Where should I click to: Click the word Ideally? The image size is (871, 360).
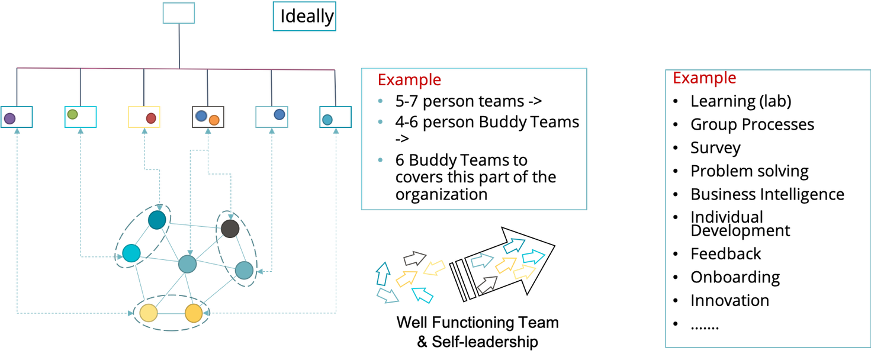pyautogui.click(x=307, y=17)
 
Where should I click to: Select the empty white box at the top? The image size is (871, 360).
pyautogui.click(x=179, y=14)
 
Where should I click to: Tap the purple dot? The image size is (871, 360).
pyautogui.click(x=9, y=118)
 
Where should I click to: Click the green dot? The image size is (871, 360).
pyautogui.click(x=72, y=114)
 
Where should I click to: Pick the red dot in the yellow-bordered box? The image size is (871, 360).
pyautogui.click(x=150, y=118)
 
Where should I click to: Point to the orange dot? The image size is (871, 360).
pyautogui.click(x=214, y=120)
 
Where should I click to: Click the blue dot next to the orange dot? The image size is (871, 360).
pyautogui.click(x=201, y=116)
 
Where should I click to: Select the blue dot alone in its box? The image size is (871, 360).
pyautogui.click(x=279, y=115)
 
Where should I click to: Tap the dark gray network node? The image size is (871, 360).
pyautogui.click(x=230, y=228)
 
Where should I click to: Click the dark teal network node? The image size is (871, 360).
pyautogui.click(x=157, y=220)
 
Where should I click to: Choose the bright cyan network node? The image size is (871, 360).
pyautogui.click(x=131, y=254)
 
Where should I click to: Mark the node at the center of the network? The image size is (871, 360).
pyautogui.click(x=187, y=264)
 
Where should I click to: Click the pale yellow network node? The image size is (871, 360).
pyautogui.click(x=148, y=313)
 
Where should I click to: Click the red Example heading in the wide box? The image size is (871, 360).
pyautogui.click(x=409, y=80)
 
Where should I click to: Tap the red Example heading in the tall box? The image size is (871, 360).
pyautogui.click(x=704, y=78)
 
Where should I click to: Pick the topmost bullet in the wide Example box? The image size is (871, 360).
pyautogui.click(x=380, y=101)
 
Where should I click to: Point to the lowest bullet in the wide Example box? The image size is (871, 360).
pyautogui.click(x=380, y=159)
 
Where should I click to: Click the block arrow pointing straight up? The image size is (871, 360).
pyautogui.click(x=383, y=274)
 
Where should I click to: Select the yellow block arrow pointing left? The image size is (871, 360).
pyautogui.click(x=435, y=268)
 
